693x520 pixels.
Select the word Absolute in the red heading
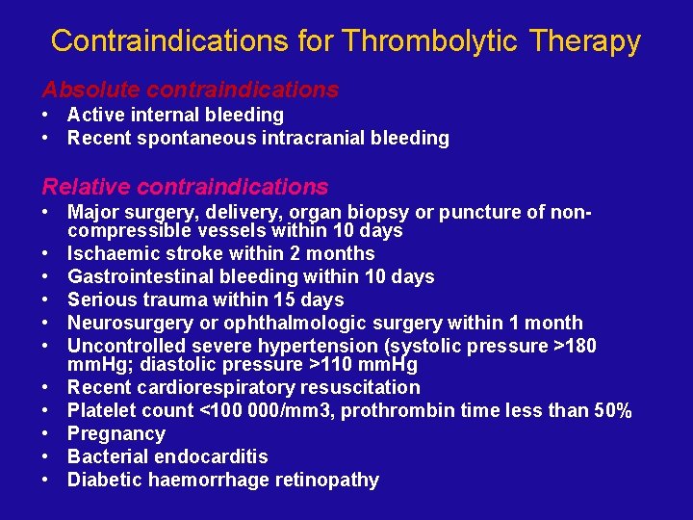point(84,90)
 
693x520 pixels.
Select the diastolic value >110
point(315,365)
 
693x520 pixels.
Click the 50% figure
point(610,411)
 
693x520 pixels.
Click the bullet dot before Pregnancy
point(46,434)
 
